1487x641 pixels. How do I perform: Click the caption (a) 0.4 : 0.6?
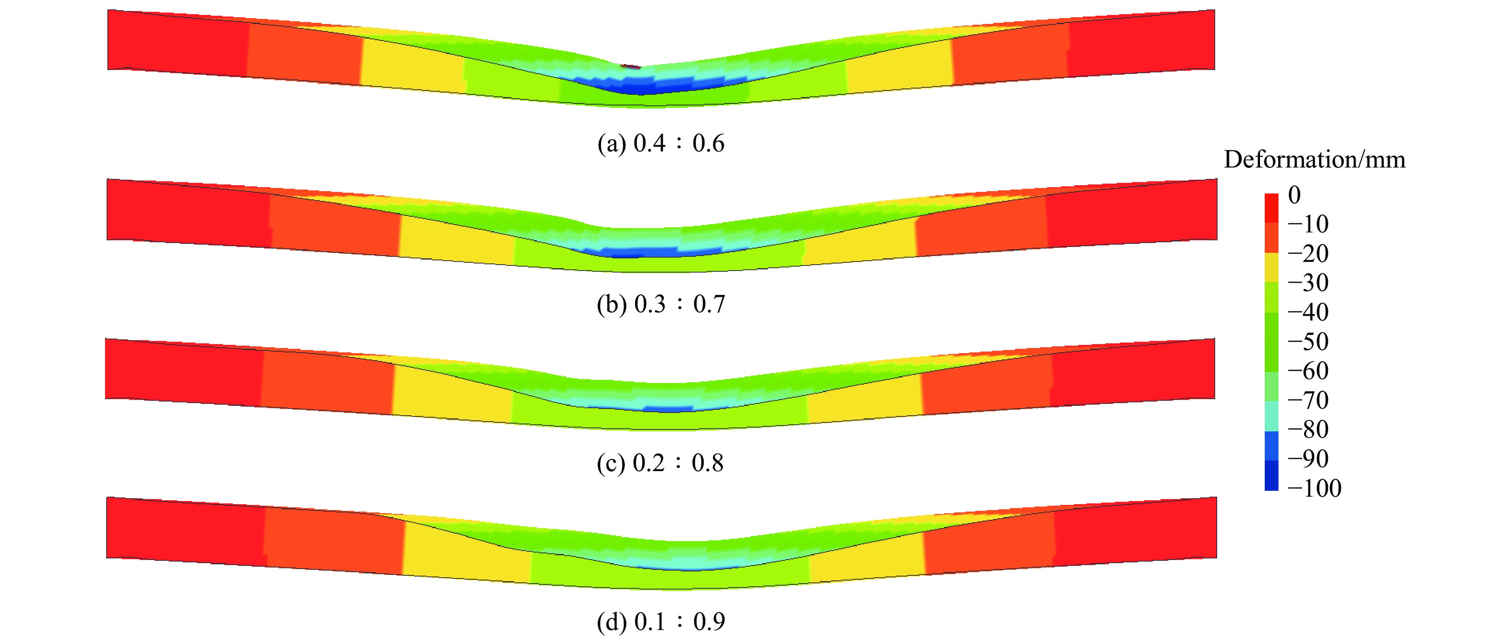tap(661, 143)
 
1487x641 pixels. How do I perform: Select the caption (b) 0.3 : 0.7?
tap(661, 304)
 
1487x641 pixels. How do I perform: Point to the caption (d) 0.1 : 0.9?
tap(661, 621)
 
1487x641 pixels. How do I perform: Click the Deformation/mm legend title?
tap(1314, 159)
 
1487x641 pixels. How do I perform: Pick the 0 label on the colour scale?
tap(1295, 195)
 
